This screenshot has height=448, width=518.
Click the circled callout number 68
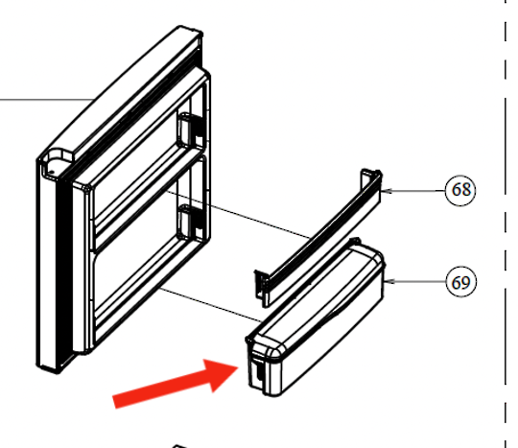pyautogui.click(x=460, y=190)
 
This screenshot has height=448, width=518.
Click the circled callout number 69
pyautogui.click(x=460, y=282)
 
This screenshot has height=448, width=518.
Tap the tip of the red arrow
pyautogui.click(x=239, y=367)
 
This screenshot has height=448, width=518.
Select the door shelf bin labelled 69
pyautogui.click(x=316, y=318)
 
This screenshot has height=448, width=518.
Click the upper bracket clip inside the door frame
pyautogui.click(x=190, y=130)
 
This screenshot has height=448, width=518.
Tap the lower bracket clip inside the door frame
pyautogui.click(x=190, y=222)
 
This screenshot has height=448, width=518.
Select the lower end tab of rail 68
pyautogui.click(x=261, y=288)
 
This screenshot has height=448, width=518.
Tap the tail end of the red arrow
pyautogui.click(x=114, y=402)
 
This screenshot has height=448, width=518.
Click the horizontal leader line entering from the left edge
pyautogui.click(x=46, y=99)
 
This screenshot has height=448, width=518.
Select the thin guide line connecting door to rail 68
pyautogui.click(x=238, y=214)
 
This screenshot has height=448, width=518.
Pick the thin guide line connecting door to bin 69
pyautogui.click(x=211, y=305)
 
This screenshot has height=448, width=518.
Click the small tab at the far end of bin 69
pyautogui.click(x=355, y=240)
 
